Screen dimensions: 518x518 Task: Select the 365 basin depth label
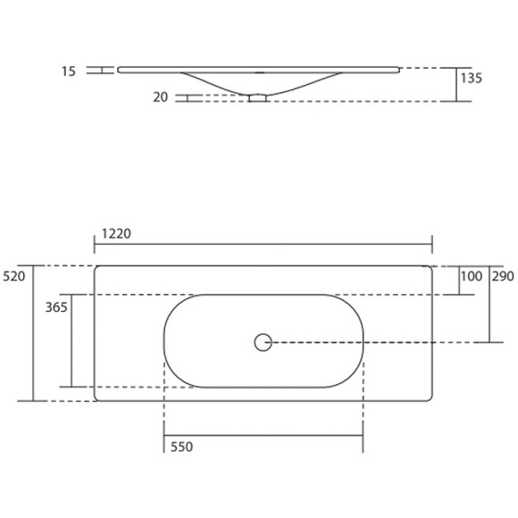[56, 306]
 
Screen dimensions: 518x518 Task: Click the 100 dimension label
[471, 277]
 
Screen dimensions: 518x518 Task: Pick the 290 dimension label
[503, 277]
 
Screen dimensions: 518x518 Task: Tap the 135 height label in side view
[472, 78]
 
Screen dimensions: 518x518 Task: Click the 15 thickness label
[70, 70]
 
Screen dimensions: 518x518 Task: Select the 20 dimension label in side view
[161, 97]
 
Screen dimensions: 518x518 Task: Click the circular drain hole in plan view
[263, 341]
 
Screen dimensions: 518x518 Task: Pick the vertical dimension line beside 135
[455, 84]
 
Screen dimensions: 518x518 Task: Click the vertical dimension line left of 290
[489, 304]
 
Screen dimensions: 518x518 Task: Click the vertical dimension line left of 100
[457, 280]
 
